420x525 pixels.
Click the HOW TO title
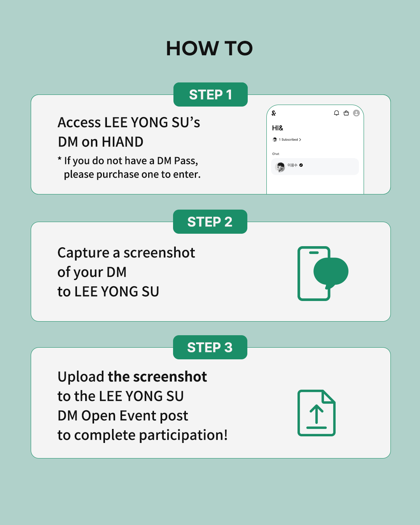(209, 48)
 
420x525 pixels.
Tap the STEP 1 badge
(210, 94)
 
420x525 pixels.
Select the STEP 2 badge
(210, 222)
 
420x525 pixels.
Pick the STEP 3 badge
(210, 347)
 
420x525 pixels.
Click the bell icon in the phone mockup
(336, 113)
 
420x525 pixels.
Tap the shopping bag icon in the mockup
(346, 113)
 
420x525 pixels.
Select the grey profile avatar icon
(356, 113)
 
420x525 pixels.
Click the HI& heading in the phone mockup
(278, 128)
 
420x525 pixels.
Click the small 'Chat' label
(275, 154)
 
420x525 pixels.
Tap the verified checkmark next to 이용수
(301, 165)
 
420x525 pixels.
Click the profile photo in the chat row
(280, 167)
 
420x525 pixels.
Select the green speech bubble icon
(331, 271)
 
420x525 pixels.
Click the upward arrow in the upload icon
(316, 414)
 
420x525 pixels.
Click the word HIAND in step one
(122, 142)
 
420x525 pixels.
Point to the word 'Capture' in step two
(84, 253)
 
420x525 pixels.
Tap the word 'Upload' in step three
(81, 377)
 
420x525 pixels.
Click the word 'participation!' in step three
(183, 435)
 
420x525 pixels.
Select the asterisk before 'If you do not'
(59, 159)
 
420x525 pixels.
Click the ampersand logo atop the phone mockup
(274, 113)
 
